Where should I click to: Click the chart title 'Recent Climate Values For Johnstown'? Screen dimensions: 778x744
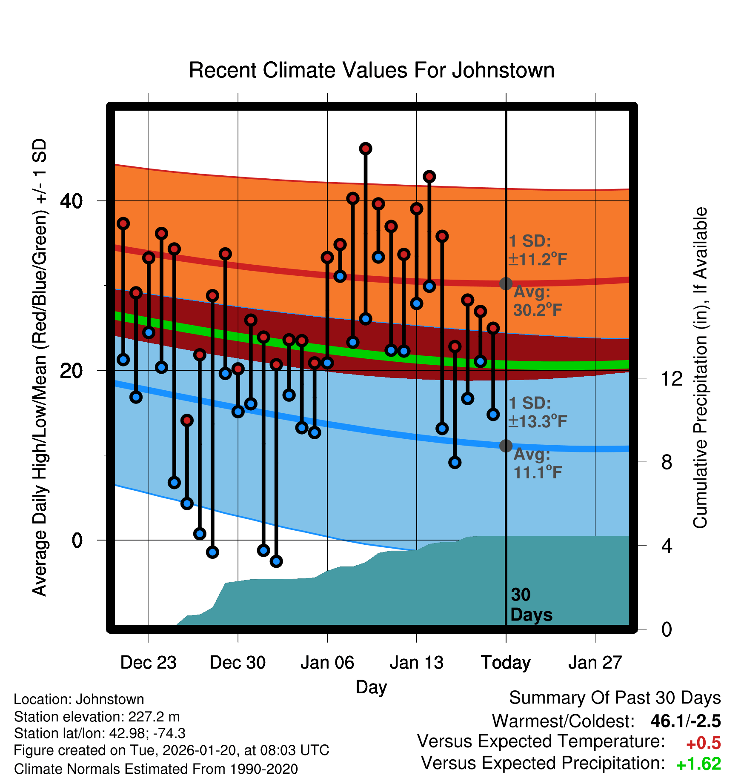click(x=372, y=70)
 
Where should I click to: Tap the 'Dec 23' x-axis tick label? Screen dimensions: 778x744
click(x=148, y=663)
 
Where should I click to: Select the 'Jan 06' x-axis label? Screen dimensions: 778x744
click(x=327, y=663)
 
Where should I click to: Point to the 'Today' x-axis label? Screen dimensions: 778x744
click(x=506, y=663)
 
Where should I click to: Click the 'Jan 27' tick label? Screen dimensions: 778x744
click(x=595, y=663)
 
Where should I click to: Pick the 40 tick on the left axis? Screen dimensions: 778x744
click(x=72, y=201)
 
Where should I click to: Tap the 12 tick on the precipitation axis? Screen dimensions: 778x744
click(x=672, y=378)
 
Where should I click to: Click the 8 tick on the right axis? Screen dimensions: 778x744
click(x=667, y=462)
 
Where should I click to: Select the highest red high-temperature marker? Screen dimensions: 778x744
click(x=366, y=149)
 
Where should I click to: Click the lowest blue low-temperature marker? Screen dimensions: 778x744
click(x=276, y=561)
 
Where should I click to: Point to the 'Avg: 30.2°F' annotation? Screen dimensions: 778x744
click(x=537, y=301)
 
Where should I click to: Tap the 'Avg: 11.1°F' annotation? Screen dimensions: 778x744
click(x=537, y=463)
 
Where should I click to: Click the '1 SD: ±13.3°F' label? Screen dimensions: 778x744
click(x=537, y=412)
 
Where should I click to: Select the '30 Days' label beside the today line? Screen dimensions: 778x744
click(x=530, y=605)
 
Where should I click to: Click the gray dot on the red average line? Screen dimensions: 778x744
click(x=506, y=283)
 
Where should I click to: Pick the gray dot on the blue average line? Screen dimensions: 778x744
click(x=506, y=446)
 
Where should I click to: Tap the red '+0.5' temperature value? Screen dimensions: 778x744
click(x=703, y=743)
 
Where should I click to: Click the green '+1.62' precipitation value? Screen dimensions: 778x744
click(x=698, y=764)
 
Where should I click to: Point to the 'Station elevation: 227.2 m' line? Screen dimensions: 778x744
click(x=97, y=717)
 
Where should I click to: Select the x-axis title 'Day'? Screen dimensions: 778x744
click(x=371, y=687)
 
